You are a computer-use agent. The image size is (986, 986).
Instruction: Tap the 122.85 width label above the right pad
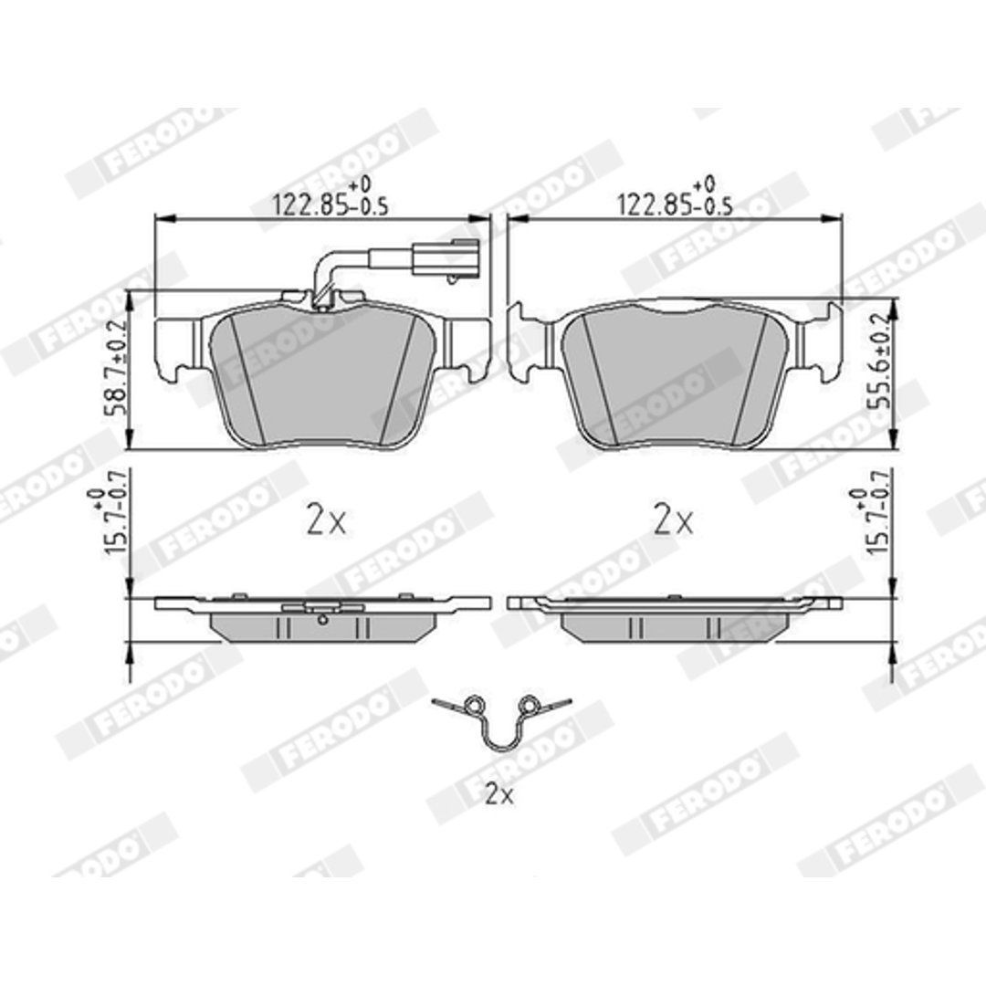point(676,197)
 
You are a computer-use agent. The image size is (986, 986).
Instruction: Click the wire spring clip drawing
point(501,749)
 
